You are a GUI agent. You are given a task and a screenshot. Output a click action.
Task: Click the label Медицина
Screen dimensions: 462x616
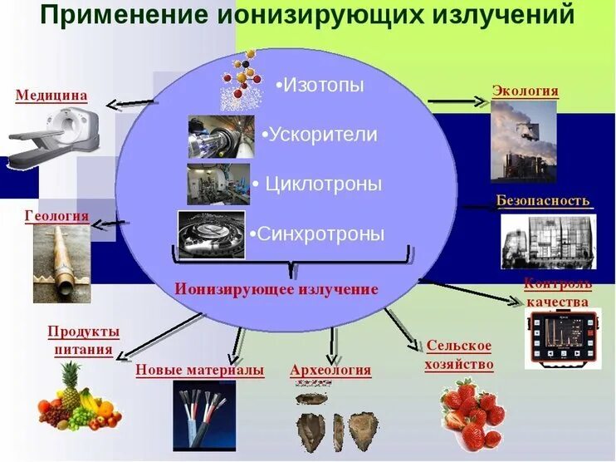(x=51, y=96)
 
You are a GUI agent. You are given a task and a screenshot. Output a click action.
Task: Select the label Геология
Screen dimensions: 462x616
(x=56, y=216)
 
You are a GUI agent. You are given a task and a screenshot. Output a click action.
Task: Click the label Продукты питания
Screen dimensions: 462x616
(x=83, y=341)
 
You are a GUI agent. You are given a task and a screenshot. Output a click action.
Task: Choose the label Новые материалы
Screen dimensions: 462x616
(x=199, y=370)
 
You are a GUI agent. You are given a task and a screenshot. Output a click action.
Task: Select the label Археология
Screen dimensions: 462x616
(x=330, y=370)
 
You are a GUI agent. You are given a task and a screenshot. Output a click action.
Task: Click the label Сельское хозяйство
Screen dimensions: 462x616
(x=459, y=355)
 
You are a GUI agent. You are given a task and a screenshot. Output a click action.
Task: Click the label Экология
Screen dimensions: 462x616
(x=525, y=91)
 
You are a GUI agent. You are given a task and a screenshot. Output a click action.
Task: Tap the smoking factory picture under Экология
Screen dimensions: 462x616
(x=523, y=141)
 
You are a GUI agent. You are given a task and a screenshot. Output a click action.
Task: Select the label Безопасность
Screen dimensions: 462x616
(x=543, y=200)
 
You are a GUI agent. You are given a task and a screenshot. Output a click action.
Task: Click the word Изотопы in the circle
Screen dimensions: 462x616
(x=322, y=85)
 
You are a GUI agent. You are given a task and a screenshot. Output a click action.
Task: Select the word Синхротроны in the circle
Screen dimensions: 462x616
(x=320, y=233)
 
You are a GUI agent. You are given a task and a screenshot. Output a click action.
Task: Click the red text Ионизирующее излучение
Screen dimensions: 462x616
(x=276, y=289)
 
